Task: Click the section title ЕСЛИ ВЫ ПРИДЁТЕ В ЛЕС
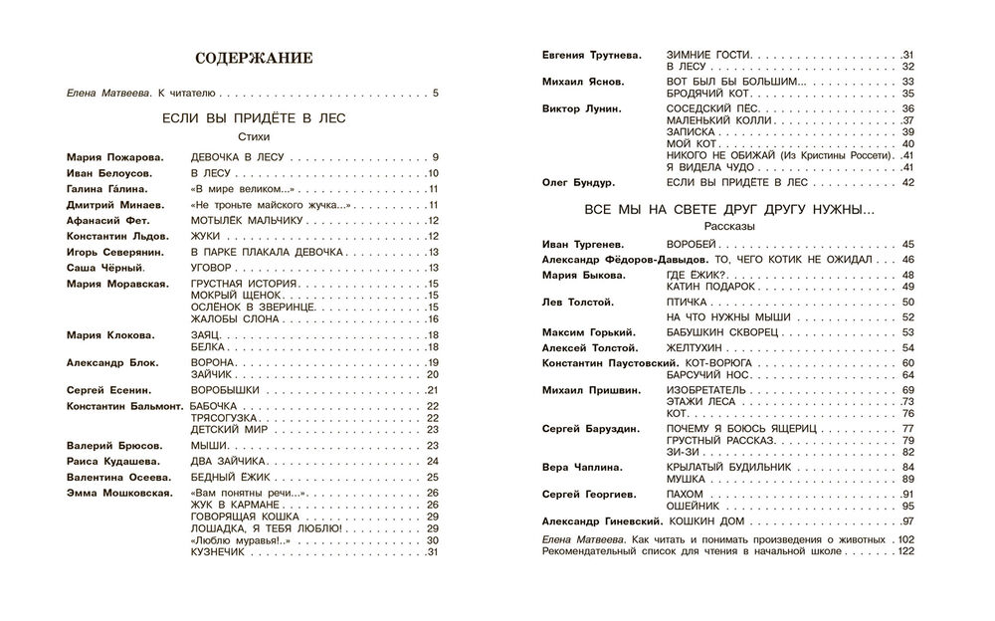[x=253, y=118]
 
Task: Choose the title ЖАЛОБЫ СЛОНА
[x=228, y=318]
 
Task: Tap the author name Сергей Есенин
[x=110, y=391]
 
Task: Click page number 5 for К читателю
[x=435, y=95]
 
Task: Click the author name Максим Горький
[x=589, y=331]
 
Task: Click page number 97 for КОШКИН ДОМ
[x=907, y=522]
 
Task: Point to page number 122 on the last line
[x=903, y=552]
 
